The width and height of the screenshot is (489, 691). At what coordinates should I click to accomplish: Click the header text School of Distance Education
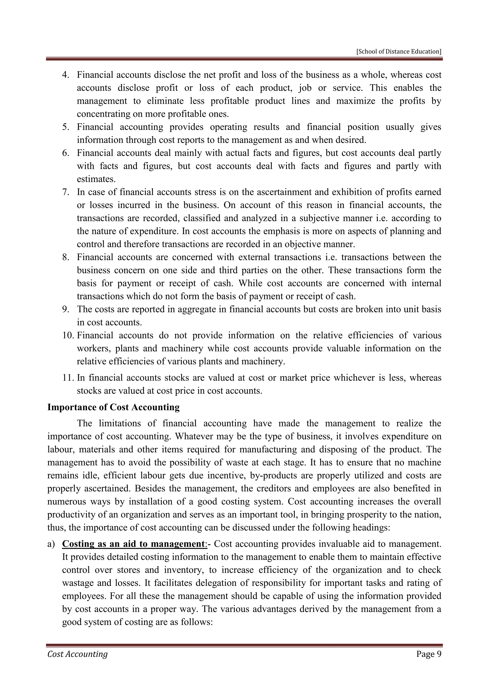(399, 52)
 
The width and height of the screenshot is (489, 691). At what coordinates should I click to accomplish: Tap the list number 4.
(66, 75)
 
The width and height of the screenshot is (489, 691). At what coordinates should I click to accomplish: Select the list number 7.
(66, 192)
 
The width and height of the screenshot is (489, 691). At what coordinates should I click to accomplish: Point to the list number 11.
(68, 378)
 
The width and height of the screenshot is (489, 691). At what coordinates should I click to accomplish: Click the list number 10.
(68, 335)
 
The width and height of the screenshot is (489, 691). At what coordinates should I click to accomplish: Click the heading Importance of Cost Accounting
(113, 407)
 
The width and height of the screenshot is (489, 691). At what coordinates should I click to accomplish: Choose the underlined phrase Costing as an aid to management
(133, 544)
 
